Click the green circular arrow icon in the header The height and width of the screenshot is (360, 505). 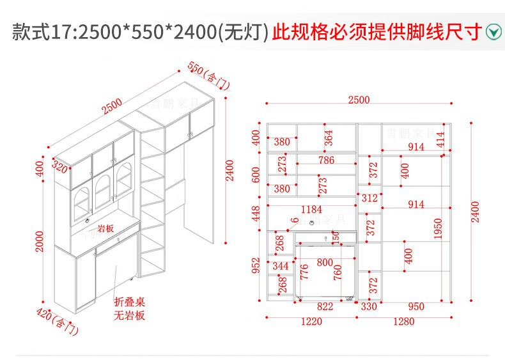tap(493, 31)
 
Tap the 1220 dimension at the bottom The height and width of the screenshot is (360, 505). tap(311, 322)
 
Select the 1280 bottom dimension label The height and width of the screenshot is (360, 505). tap(404, 322)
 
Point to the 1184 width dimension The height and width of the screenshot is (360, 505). tap(311, 209)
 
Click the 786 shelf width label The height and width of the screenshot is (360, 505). tap(326, 160)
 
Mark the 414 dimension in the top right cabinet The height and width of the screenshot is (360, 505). tap(440, 139)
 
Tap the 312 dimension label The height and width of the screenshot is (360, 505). tap(369, 199)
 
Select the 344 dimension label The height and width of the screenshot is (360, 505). tap(281, 265)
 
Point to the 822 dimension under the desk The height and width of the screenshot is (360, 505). tap(325, 307)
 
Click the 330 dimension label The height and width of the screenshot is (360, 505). tap(369, 307)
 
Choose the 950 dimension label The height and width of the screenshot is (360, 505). tap(416, 307)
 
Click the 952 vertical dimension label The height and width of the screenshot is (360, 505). tap(256, 265)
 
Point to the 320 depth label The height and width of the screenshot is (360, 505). tap(60, 169)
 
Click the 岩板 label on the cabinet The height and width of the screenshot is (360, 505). tap(105, 228)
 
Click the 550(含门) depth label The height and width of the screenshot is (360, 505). tap(208, 75)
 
